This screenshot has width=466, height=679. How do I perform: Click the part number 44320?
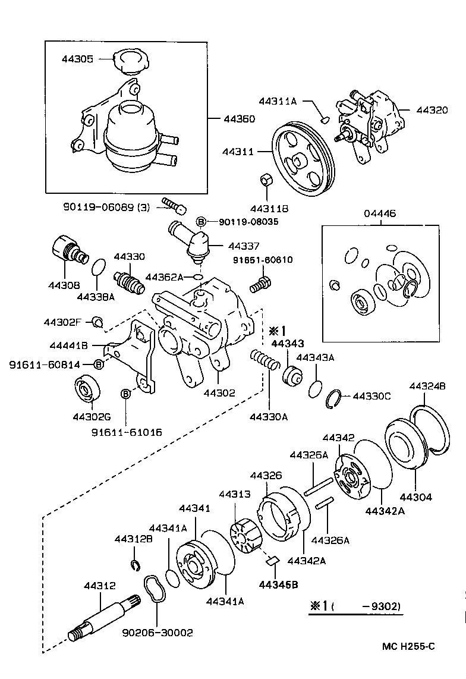point(432,110)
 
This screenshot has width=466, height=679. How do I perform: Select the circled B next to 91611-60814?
point(99,364)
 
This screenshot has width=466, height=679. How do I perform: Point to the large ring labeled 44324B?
point(432,429)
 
